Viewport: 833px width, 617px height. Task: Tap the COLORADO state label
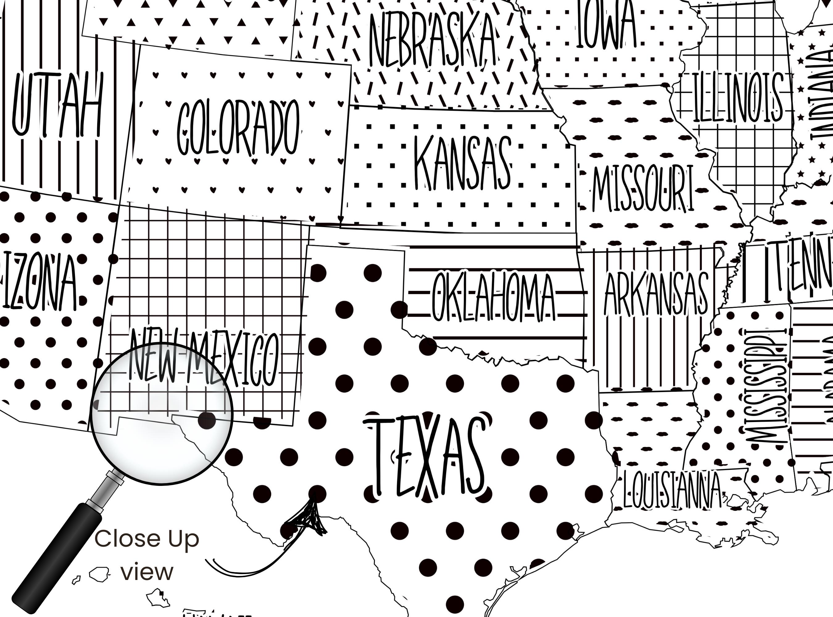pos(238,128)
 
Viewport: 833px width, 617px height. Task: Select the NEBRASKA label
pos(433,39)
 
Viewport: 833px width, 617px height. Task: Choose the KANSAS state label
pos(462,163)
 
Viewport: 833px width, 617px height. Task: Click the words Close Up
pos(147,539)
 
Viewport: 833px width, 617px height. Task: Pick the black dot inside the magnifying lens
pos(207,420)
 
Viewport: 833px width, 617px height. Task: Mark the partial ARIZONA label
pos(39,282)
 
